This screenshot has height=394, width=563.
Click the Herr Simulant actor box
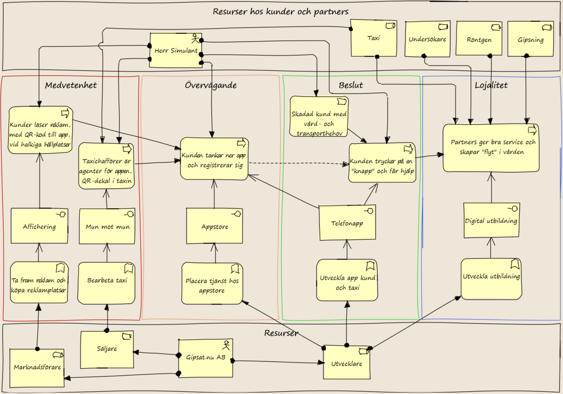point(176,50)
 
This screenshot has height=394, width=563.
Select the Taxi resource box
point(374,38)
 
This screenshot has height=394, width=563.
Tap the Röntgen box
point(479,38)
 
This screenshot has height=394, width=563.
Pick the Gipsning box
point(531,39)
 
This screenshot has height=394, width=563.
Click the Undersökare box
point(427,39)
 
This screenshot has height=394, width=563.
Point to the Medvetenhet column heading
point(71,85)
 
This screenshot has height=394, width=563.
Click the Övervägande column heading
point(211,85)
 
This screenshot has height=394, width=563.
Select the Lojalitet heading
point(491,85)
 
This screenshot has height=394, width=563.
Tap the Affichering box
point(40,226)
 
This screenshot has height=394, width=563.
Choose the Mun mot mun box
point(107,226)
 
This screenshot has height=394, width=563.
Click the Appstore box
point(214,226)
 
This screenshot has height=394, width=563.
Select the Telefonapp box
point(347,223)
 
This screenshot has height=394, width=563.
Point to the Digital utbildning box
point(492,220)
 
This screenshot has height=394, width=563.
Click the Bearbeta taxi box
point(107,283)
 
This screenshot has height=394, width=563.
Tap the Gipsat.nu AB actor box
point(206,358)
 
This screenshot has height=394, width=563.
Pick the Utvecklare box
point(347,362)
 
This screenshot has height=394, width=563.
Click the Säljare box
point(107,350)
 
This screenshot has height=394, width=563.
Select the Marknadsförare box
point(37,368)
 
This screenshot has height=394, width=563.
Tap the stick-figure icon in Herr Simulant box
point(195,38)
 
